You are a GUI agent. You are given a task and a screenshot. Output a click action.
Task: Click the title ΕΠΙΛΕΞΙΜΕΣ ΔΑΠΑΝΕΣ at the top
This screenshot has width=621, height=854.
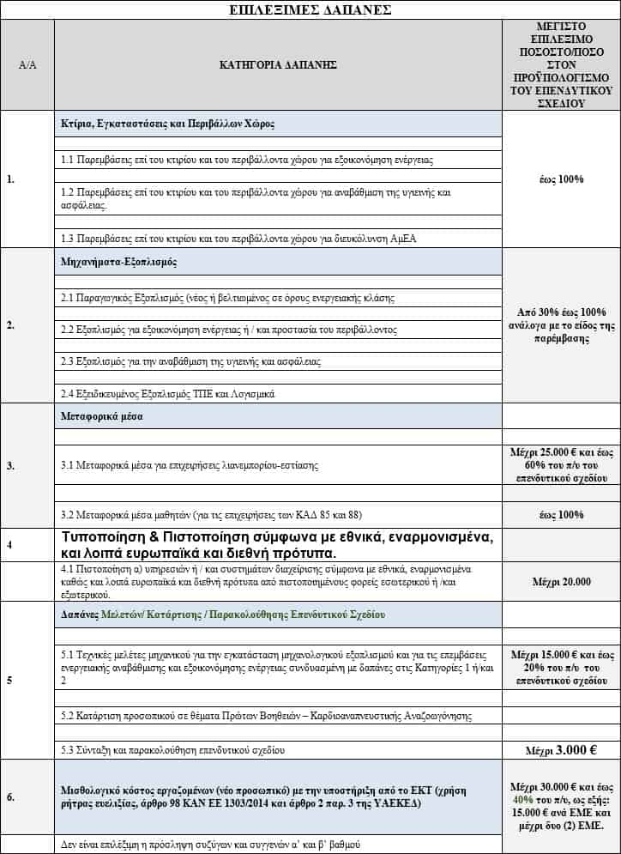click(311, 10)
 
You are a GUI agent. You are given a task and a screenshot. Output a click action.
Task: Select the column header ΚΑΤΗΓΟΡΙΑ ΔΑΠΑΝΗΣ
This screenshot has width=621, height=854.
click(278, 64)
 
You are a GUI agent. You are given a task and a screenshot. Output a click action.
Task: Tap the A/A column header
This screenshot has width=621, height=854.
click(27, 64)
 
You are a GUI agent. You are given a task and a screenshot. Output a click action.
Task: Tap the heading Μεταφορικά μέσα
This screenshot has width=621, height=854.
click(101, 416)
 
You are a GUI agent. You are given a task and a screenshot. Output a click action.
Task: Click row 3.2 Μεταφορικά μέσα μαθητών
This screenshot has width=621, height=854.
click(211, 515)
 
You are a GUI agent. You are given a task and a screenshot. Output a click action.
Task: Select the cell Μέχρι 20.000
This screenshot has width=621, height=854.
click(560, 582)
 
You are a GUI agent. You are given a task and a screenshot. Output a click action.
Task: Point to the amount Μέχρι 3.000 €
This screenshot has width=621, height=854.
click(560, 749)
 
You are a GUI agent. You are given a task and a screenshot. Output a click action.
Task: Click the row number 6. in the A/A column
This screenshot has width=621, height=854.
click(10, 797)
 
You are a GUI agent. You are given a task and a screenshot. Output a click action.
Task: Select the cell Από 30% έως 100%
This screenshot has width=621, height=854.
click(560, 312)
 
